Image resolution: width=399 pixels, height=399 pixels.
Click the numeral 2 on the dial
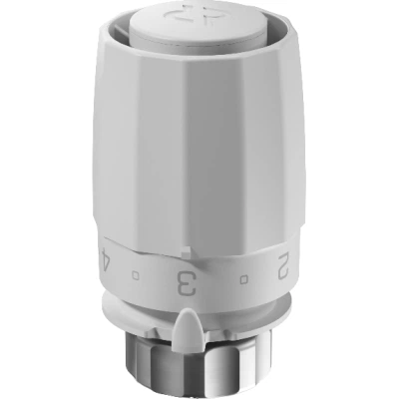(283, 266)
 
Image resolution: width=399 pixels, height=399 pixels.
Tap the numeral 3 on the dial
(187, 283)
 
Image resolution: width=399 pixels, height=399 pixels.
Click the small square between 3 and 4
(136, 275)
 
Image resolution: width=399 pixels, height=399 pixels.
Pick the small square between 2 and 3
(243, 279)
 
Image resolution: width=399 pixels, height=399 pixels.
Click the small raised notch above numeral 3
(186, 251)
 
